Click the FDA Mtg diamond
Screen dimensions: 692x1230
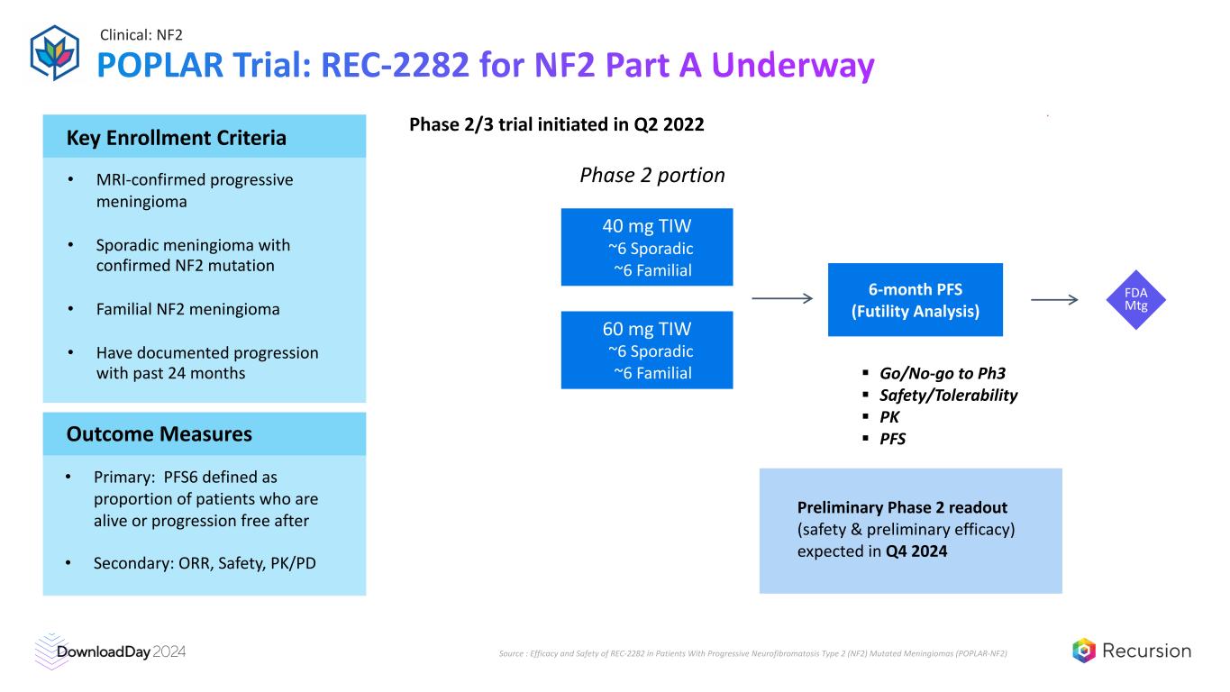(x=1135, y=300)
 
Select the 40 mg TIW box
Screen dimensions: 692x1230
(x=646, y=247)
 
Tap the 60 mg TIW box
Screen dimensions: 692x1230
(x=646, y=350)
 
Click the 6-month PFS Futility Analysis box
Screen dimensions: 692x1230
(x=915, y=300)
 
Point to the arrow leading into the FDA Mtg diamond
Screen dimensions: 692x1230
(x=1053, y=300)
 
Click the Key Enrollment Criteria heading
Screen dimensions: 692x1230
(x=177, y=138)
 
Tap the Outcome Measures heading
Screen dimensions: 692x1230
(x=159, y=434)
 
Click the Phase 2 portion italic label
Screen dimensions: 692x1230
(x=651, y=175)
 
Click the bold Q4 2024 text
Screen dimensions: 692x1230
(x=914, y=551)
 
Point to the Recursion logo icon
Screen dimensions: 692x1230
(x=1084, y=651)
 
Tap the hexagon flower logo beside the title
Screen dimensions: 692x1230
(x=55, y=52)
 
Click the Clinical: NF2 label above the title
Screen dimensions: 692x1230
(x=141, y=35)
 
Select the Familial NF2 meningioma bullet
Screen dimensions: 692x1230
(x=187, y=309)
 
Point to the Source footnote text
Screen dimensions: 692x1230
(x=752, y=652)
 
